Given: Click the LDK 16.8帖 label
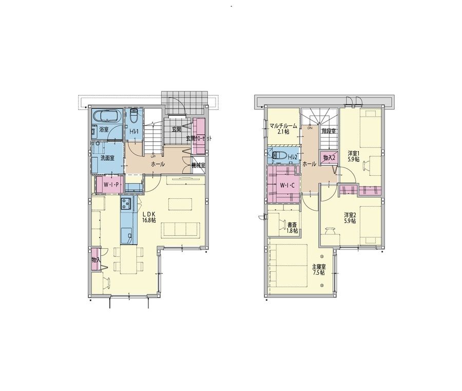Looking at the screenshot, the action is tap(149, 217).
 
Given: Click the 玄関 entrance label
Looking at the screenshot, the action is tap(176, 129).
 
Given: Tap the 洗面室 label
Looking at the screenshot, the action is tap(107, 158).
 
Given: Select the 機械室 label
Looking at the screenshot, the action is tap(198, 165).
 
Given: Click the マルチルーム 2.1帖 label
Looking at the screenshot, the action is tap(283, 129).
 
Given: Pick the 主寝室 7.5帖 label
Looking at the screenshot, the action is tap(319, 270).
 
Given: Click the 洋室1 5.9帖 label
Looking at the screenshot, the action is tap(353, 156).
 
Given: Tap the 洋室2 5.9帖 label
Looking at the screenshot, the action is tap(350, 218).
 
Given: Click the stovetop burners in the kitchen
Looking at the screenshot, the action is tap(127, 203).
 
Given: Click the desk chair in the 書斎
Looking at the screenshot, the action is tap(283, 225).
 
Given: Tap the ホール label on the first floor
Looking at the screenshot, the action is tap(158, 164).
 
